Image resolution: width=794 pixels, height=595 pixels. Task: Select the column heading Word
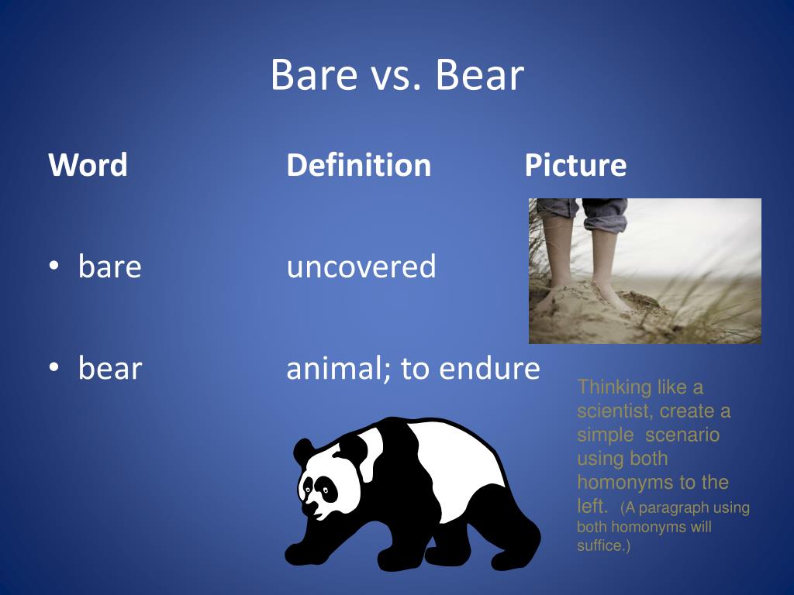point(88,165)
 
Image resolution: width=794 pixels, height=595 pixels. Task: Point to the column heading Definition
point(358,165)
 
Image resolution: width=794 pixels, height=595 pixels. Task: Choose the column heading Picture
point(575,165)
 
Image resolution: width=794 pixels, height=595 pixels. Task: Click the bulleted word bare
point(109,267)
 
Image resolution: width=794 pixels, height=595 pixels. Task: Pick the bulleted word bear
point(109,369)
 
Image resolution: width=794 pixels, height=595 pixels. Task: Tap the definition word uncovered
point(361,267)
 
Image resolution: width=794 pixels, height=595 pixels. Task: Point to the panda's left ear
point(302,449)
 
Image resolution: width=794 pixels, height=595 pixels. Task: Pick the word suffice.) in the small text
point(604,545)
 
